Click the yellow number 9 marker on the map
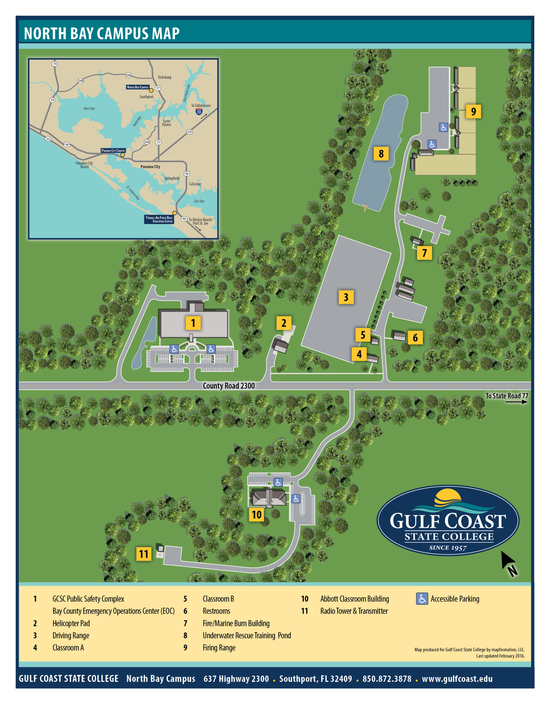(x=473, y=111)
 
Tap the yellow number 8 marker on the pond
(x=381, y=154)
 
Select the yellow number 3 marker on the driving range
(x=346, y=297)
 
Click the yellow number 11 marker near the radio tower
(x=143, y=554)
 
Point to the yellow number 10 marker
(x=256, y=515)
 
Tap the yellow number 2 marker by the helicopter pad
(x=284, y=323)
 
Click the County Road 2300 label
(x=228, y=386)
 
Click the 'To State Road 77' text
(x=506, y=395)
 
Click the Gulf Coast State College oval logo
(x=448, y=520)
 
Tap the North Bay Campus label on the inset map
(x=138, y=87)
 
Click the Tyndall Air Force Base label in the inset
(x=159, y=219)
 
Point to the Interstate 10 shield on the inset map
(x=199, y=112)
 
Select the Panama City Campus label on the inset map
(x=113, y=151)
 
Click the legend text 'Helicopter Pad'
(x=71, y=623)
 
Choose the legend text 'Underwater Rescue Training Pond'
(x=247, y=635)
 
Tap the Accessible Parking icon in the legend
(x=422, y=599)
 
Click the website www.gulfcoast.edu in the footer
(x=457, y=679)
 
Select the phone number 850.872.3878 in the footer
(x=386, y=679)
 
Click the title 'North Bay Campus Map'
(x=102, y=33)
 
